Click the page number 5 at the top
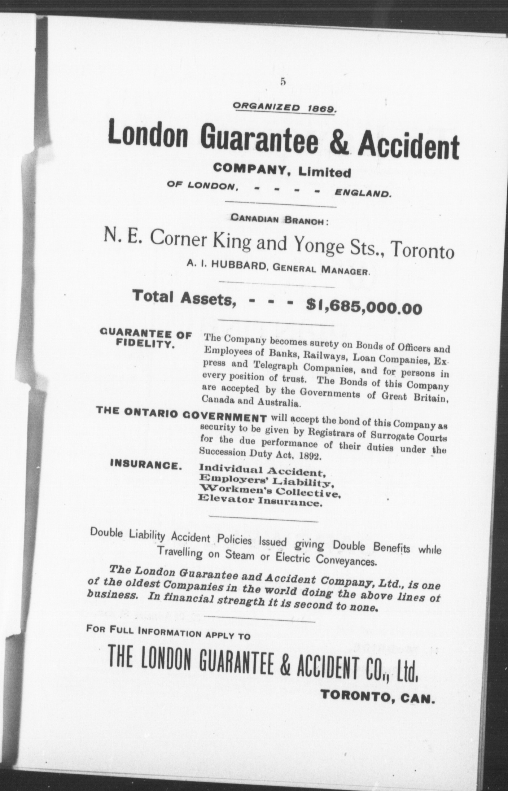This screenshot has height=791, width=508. tap(283, 82)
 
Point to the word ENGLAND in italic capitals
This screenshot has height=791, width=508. tap(363, 194)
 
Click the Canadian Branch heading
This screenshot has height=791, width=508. tap(280, 220)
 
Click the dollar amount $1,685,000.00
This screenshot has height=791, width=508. tap(363, 306)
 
